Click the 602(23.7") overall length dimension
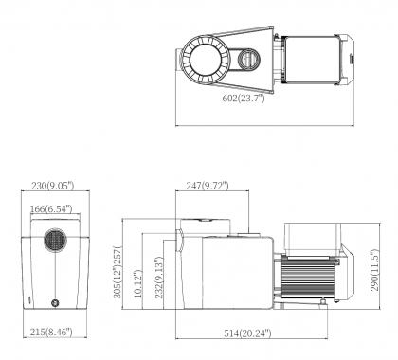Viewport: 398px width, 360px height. (244, 99)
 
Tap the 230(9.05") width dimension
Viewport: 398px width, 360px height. (53, 186)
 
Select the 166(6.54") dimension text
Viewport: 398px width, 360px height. (51, 208)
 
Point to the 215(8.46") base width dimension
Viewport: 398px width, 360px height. (51, 332)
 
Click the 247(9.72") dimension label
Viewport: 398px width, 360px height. (208, 186)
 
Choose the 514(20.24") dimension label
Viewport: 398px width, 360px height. (247, 333)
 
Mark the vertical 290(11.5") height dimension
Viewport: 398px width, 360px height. (374, 270)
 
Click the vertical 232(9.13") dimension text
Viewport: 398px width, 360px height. (158, 278)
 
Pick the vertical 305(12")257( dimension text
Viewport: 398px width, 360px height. (118, 272)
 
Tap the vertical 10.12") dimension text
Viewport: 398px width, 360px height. (138, 284)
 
